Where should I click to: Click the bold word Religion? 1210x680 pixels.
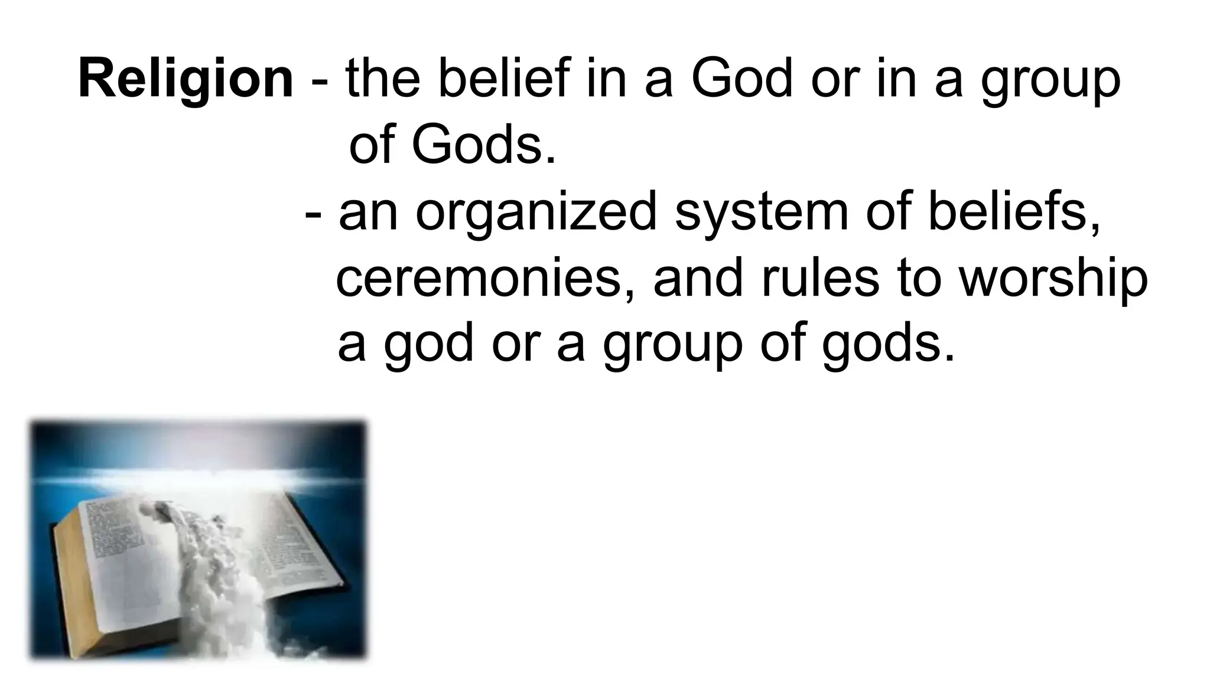point(186,79)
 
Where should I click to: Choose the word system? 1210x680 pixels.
point(762,212)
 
